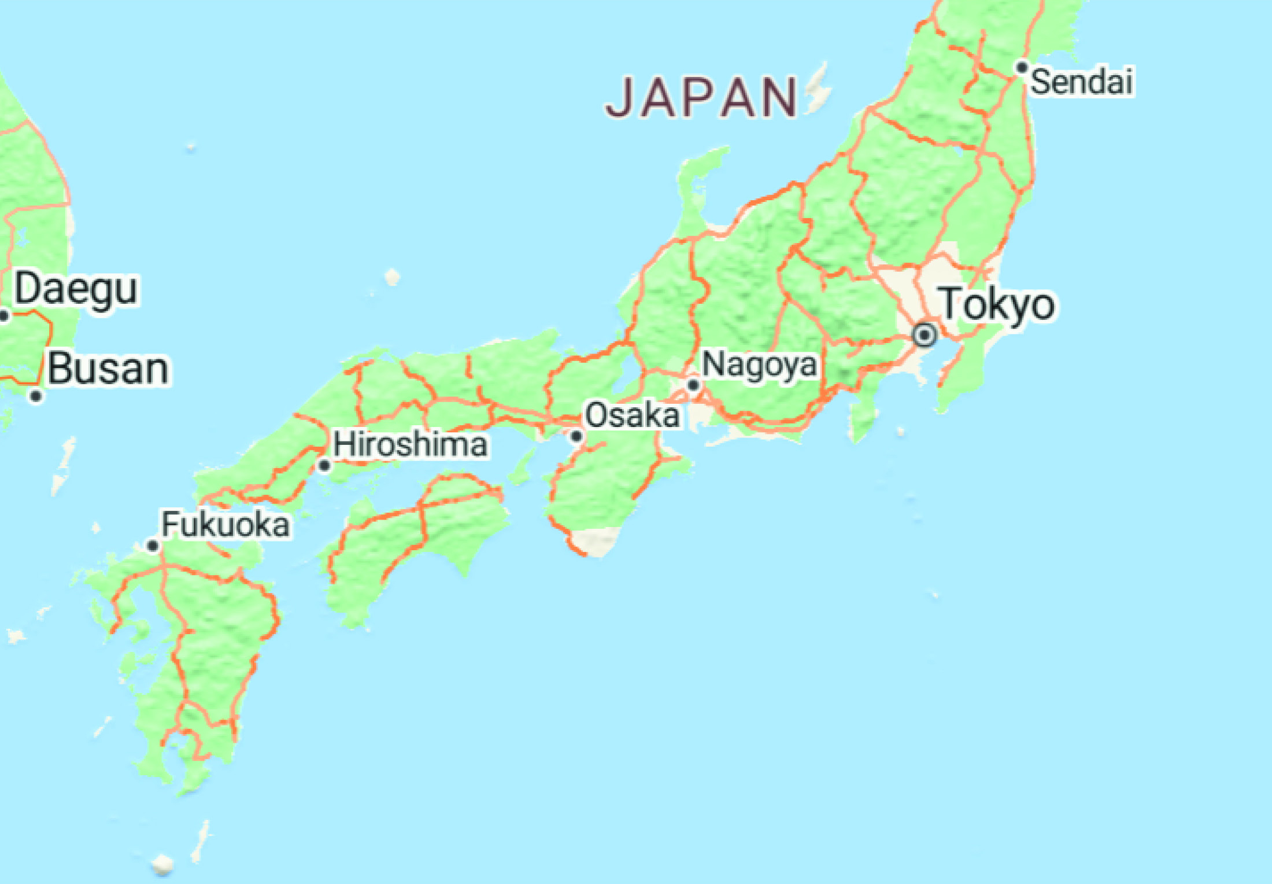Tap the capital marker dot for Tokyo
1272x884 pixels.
[924, 335]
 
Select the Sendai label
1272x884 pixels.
[1081, 82]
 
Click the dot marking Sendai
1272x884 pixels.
[1022, 68]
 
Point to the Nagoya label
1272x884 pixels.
[760, 365]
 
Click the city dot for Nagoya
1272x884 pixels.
[693, 385]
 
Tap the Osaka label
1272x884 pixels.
[632, 415]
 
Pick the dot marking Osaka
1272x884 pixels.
[576, 436]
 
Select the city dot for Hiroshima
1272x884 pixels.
[324, 465]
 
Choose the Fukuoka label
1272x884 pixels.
[225, 524]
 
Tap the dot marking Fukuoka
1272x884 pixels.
[153, 546]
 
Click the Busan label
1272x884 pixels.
[108, 369]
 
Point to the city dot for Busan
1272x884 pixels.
[36, 396]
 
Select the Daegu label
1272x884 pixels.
[76, 289]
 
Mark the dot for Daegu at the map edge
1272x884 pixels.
[3, 316]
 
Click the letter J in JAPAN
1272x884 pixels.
[620, 97]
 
